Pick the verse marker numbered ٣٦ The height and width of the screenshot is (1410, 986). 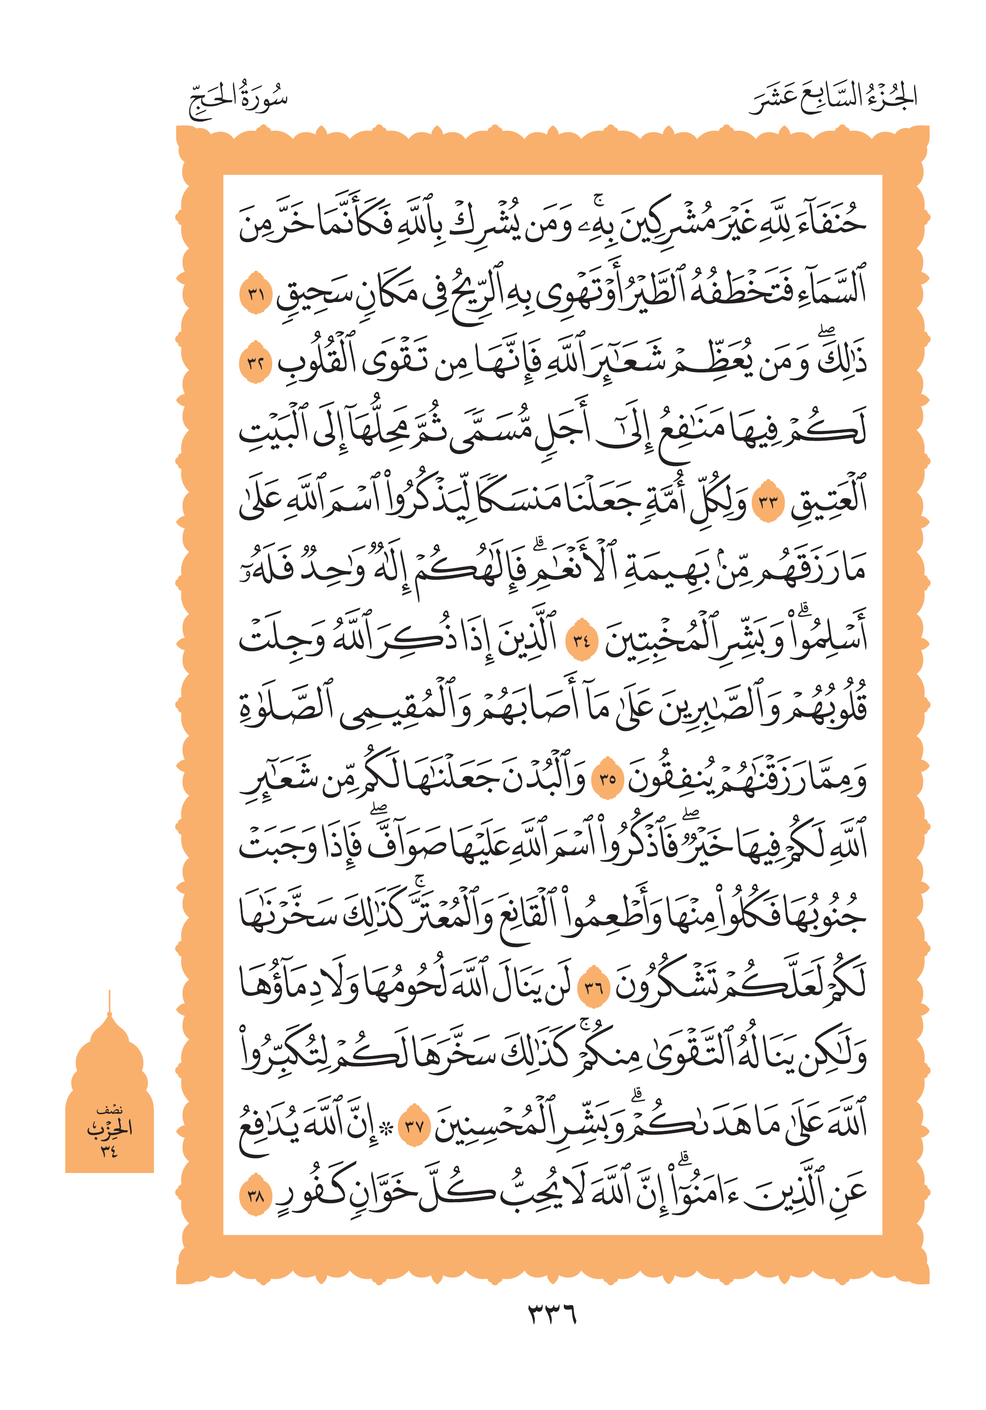594,987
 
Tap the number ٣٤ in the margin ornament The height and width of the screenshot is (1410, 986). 109,1150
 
